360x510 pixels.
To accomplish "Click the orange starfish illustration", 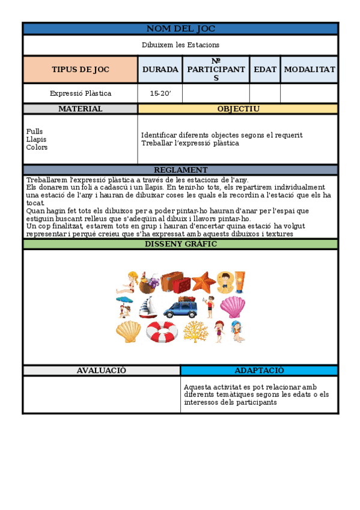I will pyautogui.click(x=204, y=281).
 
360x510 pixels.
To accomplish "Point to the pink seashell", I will pyautogui.click(x=231, y=307).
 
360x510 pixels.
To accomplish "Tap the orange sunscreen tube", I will pyautogui.click(x=239, y=281).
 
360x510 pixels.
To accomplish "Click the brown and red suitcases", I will pyautogui.click(x=175, y=281).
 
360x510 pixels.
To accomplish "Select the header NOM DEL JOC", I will pyautogui.click(x=180, y=29).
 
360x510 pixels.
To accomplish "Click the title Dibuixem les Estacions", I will pyautogui.click(x=180, y=45).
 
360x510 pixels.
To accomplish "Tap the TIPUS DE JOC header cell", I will pyautogui.click(x=81, y=69).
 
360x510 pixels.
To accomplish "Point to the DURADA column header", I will pyautogui.click(x=160, y=69).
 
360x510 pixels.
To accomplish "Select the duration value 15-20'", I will pyautogui.click(x=160, y=93).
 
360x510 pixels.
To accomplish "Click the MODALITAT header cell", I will pyautogui.click(x=309, y=69).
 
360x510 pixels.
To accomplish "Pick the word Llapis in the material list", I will pyautogui.click(x=37, y=140).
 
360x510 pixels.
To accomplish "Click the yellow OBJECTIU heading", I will pyautogui.click(x=238, y=109).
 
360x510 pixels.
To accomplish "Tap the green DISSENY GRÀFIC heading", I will pyautogui.click(x=180, y=244).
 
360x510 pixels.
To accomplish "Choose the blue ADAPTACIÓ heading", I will pyautogui.click(x=259, y=370).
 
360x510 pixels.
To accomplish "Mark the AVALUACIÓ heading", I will pyautogui.click(x=101, y=370).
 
